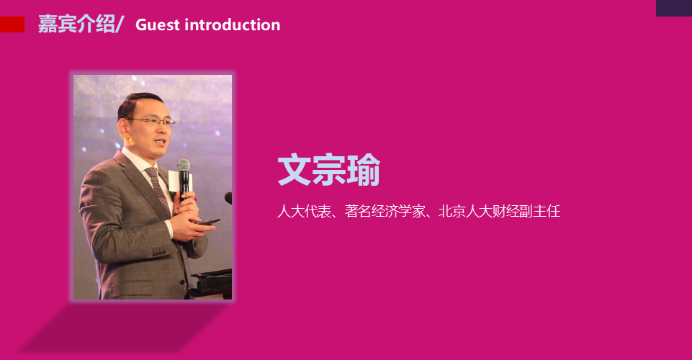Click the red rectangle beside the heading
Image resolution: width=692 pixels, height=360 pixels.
[x=12, y=24]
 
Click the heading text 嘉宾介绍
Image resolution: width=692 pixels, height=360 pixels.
[x=77, y=24]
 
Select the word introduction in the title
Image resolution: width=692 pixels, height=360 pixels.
[x=233, y=24]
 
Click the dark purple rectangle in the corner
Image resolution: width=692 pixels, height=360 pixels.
[x=674, y=8]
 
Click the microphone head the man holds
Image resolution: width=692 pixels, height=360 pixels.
[x=184, y=166]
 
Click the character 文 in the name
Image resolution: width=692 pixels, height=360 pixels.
[x=295, y=170]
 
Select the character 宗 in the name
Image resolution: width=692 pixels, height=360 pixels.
[x=329, y=170]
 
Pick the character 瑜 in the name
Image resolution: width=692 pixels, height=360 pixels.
[x=363, y=170]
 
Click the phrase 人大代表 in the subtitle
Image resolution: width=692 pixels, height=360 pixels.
[x=304, y=212]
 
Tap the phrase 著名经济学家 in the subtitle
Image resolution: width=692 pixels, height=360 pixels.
[x=385, y=212]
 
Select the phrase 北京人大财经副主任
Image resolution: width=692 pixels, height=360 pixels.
[x=500, y=212]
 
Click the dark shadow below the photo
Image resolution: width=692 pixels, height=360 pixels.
[x=124, y=326]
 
